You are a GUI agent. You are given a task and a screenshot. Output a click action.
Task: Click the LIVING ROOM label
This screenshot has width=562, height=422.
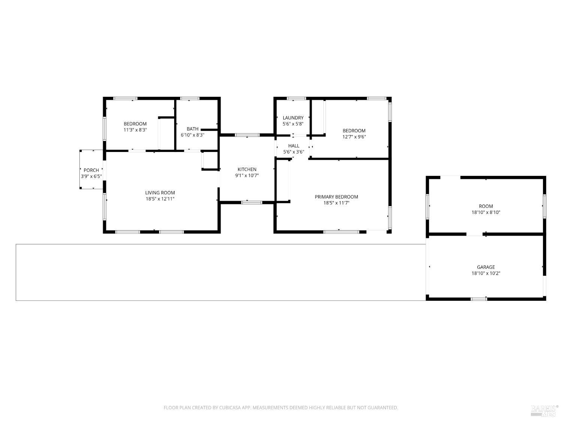click(x=160, y=193)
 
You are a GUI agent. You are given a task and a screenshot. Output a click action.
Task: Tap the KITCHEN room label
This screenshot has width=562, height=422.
click(x=247, y=170)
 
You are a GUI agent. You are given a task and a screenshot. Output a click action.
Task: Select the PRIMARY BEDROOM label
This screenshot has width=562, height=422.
click(x=336, y=197)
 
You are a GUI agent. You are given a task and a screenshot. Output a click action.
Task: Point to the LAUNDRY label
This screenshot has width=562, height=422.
click(x=293, y=118)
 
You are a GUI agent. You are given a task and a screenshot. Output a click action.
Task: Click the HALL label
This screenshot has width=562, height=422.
click(x=294, y=146)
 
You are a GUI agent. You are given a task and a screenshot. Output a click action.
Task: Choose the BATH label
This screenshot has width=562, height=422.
click(x=193, y=129)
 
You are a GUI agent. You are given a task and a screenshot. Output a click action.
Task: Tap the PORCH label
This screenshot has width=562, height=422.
click(x=91, y=170)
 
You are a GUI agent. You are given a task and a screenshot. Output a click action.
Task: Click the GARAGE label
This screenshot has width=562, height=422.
click(x=486, y=267)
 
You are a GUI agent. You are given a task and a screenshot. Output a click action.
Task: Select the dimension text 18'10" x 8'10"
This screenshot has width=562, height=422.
click(x=486, y=212)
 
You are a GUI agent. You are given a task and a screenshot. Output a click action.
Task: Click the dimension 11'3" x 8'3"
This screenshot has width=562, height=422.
click(x=135, y=130)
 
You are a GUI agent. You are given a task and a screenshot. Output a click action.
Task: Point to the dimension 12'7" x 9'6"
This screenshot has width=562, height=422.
click(x=354, y=137)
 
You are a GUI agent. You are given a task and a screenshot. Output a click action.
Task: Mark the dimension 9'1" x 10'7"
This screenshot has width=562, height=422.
click(x=247, y=176)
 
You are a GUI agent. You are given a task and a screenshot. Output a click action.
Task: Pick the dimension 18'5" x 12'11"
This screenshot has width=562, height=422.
click(x=160, y=199)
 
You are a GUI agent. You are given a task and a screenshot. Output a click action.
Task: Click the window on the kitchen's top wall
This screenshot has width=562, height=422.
click(x=247, y=135)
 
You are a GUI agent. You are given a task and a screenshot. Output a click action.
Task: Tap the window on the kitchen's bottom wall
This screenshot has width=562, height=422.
click(x=251, y=203)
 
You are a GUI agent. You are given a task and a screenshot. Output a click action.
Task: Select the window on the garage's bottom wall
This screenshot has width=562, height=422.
click(x=478, y=299)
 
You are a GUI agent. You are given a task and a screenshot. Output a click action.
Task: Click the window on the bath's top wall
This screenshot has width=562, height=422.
click(x=190, y=99)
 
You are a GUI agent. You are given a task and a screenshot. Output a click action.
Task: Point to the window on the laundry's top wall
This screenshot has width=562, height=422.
click(x=296, y=99)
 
